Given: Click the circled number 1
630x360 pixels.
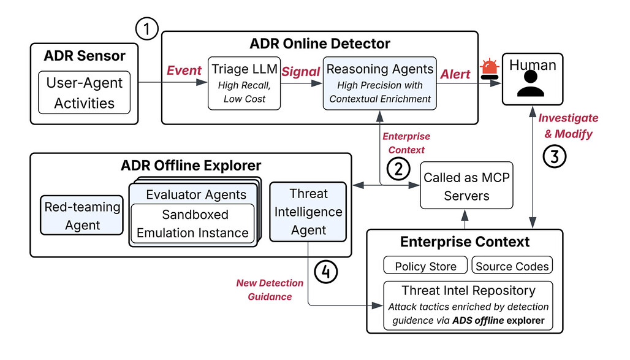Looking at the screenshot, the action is pyautogui.click(x=146, y=29).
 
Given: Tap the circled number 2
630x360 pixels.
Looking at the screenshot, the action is pyautogui.click(x=398, y=169).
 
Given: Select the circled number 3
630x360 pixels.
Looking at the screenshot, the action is pyautogui.click(x=555, y=156).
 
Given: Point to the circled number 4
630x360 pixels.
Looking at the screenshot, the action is pyautogui.click(x=325, y=272).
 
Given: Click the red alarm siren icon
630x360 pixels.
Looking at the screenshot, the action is pyautogui.click(x=490, y=69).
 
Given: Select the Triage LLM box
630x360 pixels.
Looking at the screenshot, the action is pyautogui.click(x=245, y=83).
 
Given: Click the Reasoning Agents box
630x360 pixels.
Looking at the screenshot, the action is pyautogui.click(x=380, y=83).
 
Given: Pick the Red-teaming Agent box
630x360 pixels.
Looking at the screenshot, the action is pyautogui.click(x=82, y=215).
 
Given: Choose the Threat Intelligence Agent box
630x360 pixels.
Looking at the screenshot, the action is pyautogui.click(x=308, y=212).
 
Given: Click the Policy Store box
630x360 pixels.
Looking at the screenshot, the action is pyautogui.click(x=425, y=266).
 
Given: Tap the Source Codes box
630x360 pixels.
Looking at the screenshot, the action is pyautogui.click(x=512, y=266).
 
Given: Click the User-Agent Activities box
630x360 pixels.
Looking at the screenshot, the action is pyautogui.click(x=85, y=93).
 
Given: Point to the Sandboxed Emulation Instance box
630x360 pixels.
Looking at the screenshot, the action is pyautogui.click(x=193, y=223).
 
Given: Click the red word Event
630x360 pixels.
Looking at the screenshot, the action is pyautogui.click(x=184, y=71).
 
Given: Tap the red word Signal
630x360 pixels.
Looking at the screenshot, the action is pyautogui.click(x=300, y=72).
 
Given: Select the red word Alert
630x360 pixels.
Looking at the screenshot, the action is pyautogui.click(x=455, y=74).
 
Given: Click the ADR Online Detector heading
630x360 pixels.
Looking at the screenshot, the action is pyautogui.click(x=320, y=44).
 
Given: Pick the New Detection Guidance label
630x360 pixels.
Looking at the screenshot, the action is pyautogui.click(x=270, y=289).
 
